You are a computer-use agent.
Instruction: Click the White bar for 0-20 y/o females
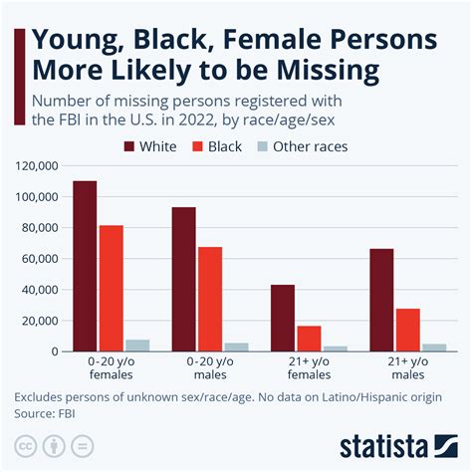click(86, 266)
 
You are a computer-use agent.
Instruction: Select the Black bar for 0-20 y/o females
click(112, 288)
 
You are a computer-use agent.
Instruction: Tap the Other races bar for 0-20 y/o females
click(137, 346)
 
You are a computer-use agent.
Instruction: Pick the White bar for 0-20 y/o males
click(184, 279)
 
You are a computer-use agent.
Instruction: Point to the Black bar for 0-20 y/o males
click(210, 299)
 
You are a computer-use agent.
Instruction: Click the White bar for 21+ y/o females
click(283, 318)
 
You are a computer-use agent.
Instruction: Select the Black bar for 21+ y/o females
click(309, 339)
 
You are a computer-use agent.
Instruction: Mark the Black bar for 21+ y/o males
click(407, 330)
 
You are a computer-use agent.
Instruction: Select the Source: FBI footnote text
click(48, 412)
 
